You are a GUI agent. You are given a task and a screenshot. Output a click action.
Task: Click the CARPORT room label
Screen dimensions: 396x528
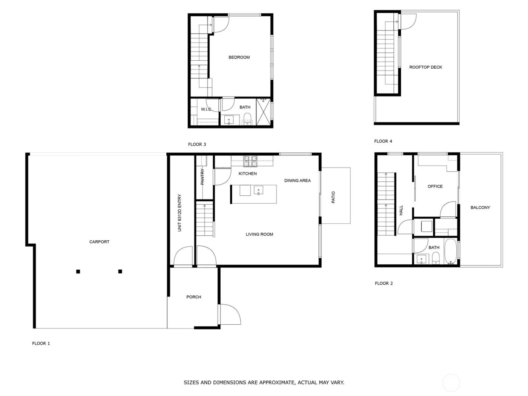99,242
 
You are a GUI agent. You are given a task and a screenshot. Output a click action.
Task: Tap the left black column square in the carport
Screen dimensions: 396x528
78,271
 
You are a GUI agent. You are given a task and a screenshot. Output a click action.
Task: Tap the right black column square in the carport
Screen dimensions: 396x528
120,271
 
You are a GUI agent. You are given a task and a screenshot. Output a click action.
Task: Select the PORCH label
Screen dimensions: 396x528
193,297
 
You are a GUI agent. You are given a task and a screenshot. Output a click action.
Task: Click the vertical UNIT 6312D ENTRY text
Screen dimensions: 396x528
180,213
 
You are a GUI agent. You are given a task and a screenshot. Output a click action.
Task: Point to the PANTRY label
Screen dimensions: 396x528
203,177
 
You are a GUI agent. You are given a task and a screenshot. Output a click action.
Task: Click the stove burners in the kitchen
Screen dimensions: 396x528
250,161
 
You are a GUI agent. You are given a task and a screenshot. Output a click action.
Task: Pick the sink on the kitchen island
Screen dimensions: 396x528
259,190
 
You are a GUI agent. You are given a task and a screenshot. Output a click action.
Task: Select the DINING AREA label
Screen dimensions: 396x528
297,181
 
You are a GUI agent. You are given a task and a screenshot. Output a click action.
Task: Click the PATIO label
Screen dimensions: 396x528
333,198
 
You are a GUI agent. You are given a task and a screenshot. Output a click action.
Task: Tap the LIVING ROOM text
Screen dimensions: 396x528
259,234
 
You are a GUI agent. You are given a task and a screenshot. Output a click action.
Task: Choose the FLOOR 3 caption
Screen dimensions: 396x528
197,144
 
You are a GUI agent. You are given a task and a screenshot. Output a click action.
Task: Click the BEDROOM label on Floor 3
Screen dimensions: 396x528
239,57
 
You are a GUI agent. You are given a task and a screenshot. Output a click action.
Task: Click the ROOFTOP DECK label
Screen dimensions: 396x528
425,67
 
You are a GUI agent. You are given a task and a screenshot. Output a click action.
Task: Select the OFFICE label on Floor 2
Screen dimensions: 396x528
435,186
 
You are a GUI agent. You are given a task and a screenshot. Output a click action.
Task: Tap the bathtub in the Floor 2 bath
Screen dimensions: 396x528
451,251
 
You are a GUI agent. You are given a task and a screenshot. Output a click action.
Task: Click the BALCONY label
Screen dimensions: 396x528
480,207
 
